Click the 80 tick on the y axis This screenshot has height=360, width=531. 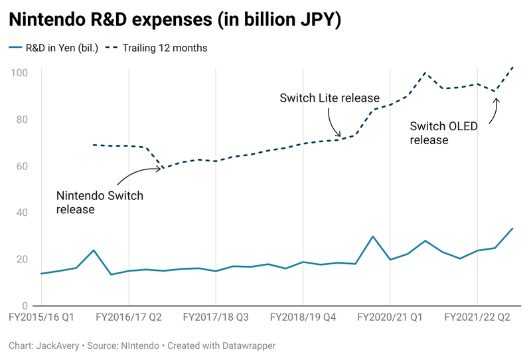click(22, 120)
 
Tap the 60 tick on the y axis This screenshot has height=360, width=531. click(22, 166)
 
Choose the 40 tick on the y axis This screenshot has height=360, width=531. click(22, 213)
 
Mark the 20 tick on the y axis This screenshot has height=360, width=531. click(22, 260)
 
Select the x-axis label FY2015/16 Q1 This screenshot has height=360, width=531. click(42, 317)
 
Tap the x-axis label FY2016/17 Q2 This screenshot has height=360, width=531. click(129, 317)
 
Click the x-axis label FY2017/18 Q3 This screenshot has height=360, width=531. click(216, 317)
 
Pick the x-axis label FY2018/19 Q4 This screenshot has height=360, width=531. click(303, 317)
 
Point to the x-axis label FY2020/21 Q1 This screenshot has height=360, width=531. click(390, 317)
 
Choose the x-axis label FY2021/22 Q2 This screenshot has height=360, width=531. click(477, 317)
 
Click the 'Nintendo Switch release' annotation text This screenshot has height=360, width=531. click(100, 203)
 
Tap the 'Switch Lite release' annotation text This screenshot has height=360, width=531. click(329, 98)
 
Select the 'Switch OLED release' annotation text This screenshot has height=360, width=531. click(443, 133)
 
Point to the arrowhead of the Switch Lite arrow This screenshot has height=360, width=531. click(339, 135)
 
